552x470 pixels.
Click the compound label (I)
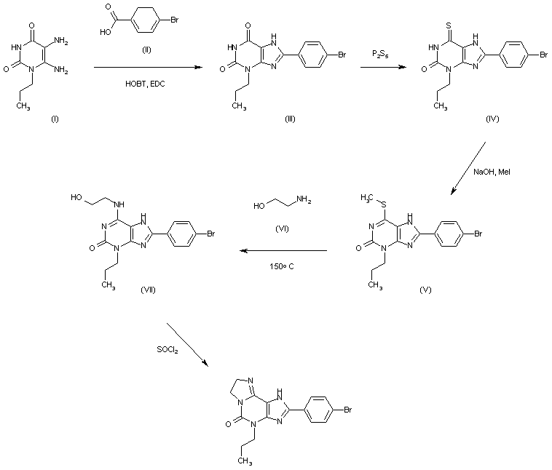coord(55,119)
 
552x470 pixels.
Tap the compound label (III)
coord(289,119)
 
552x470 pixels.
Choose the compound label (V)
coord(425,289)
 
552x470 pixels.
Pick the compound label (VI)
coord(283,228)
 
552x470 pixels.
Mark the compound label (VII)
coord(148,290)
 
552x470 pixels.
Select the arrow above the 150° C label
coord(284,251)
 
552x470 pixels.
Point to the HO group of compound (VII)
coord(76,196)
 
